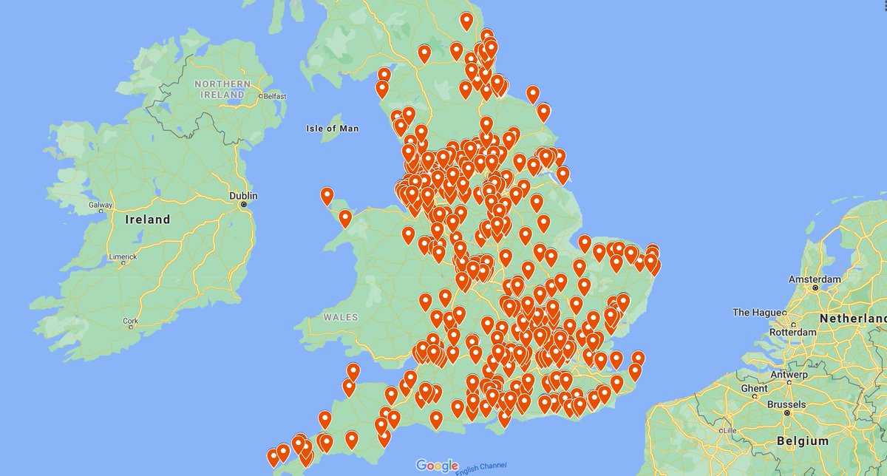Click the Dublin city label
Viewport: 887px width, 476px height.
click(x=243, y=196)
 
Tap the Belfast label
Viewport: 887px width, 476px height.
click(x=275, y=96)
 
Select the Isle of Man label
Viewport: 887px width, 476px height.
click(x=332, y=129)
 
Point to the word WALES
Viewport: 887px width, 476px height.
click(x=340, y=317)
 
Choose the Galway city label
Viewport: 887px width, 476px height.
click(x=100, y=205)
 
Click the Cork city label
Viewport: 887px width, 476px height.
click(x=130, y=322)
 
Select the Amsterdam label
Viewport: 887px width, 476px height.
click(x=815, y=279)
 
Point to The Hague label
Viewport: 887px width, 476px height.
click(x=756, y=313)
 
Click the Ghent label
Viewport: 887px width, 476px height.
click(x=754, y=389)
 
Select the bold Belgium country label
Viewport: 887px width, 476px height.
click(x=803, y=441)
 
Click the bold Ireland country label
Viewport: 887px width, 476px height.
click(x=148, y=220)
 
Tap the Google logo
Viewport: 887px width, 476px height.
click(x=437, y=466)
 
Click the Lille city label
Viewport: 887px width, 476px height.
click(x=729, y=430)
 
